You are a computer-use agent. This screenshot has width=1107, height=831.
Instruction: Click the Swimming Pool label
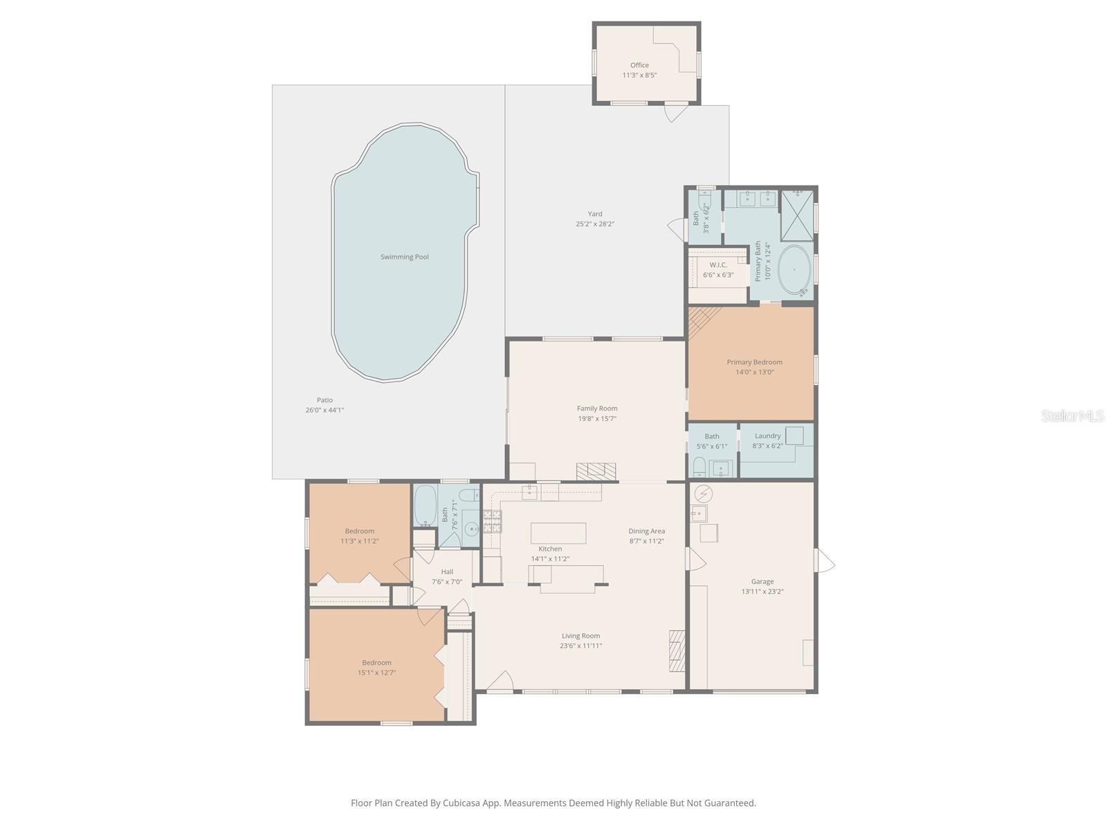coord(404,257)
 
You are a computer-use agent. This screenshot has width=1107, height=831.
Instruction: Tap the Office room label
coord(639,65)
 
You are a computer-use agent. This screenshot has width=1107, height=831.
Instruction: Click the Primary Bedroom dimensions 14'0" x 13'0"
coord(754,372)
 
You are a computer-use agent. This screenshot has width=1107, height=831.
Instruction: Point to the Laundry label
coord(767,436)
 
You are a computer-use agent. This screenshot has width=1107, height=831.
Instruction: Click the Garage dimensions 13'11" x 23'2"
coord(762,591)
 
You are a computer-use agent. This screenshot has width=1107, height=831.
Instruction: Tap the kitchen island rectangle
coord(558,533)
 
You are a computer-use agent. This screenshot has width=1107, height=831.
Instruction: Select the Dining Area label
coord(646,531)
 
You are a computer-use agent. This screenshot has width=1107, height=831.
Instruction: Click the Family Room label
coord(597,409)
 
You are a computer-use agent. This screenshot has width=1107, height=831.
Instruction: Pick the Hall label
coord(447,571)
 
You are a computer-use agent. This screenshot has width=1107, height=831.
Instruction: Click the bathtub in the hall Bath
coord(425,506)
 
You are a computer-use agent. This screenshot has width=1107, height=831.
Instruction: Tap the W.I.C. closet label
coord(718,265)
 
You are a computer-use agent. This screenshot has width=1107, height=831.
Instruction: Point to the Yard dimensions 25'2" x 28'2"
coord(595,224)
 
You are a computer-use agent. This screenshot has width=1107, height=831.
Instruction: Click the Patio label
coord(324,400)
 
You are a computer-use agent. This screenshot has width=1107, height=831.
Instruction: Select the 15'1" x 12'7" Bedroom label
coord(376,663)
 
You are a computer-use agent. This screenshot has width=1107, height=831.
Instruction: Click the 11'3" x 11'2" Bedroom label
coord(359,531)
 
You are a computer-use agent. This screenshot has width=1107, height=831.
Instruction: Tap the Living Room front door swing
coord(501,681)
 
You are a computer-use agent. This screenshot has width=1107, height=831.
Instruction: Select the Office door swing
coord(675,113)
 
